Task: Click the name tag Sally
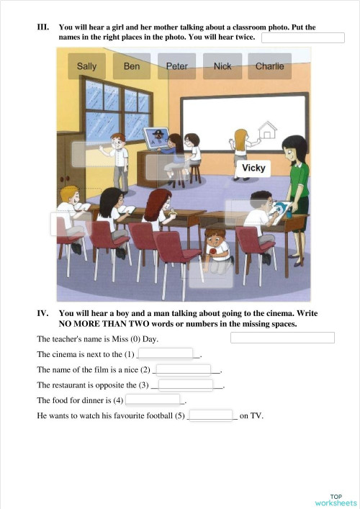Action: pyautogui.click(x=86, y=66)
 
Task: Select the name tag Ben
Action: pyautogui.click(x=132, y=66)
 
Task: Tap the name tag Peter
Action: pyautogui.click(x=176, y=66)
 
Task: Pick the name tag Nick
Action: pyautogui.click(x=222, y=66)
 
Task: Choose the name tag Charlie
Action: pyautogui.click(x=269, y=66)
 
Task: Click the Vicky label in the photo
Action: pyautogui.click(x=253, y=168)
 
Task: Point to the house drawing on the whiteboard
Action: pyautogui.click(x=267, y=130)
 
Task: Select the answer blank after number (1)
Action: pyautogui.click(x=166, y=353)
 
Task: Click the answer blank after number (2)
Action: pyautogui.click(x=184, y=369)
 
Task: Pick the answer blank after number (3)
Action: pyautogui.click(x=186, y=384)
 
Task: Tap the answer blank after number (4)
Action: pyautogui.click(x=153, y=400)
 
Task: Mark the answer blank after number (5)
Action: pyautogui.click(x=212, y=415)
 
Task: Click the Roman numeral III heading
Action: pyautogui.click(x=42, y=27)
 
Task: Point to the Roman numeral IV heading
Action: pyautogui.click(x=42, y=314)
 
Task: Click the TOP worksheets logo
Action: pyautogui.click(x=336, y=500)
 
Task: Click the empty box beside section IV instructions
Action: pyautogui.click(x=282, y=337)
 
